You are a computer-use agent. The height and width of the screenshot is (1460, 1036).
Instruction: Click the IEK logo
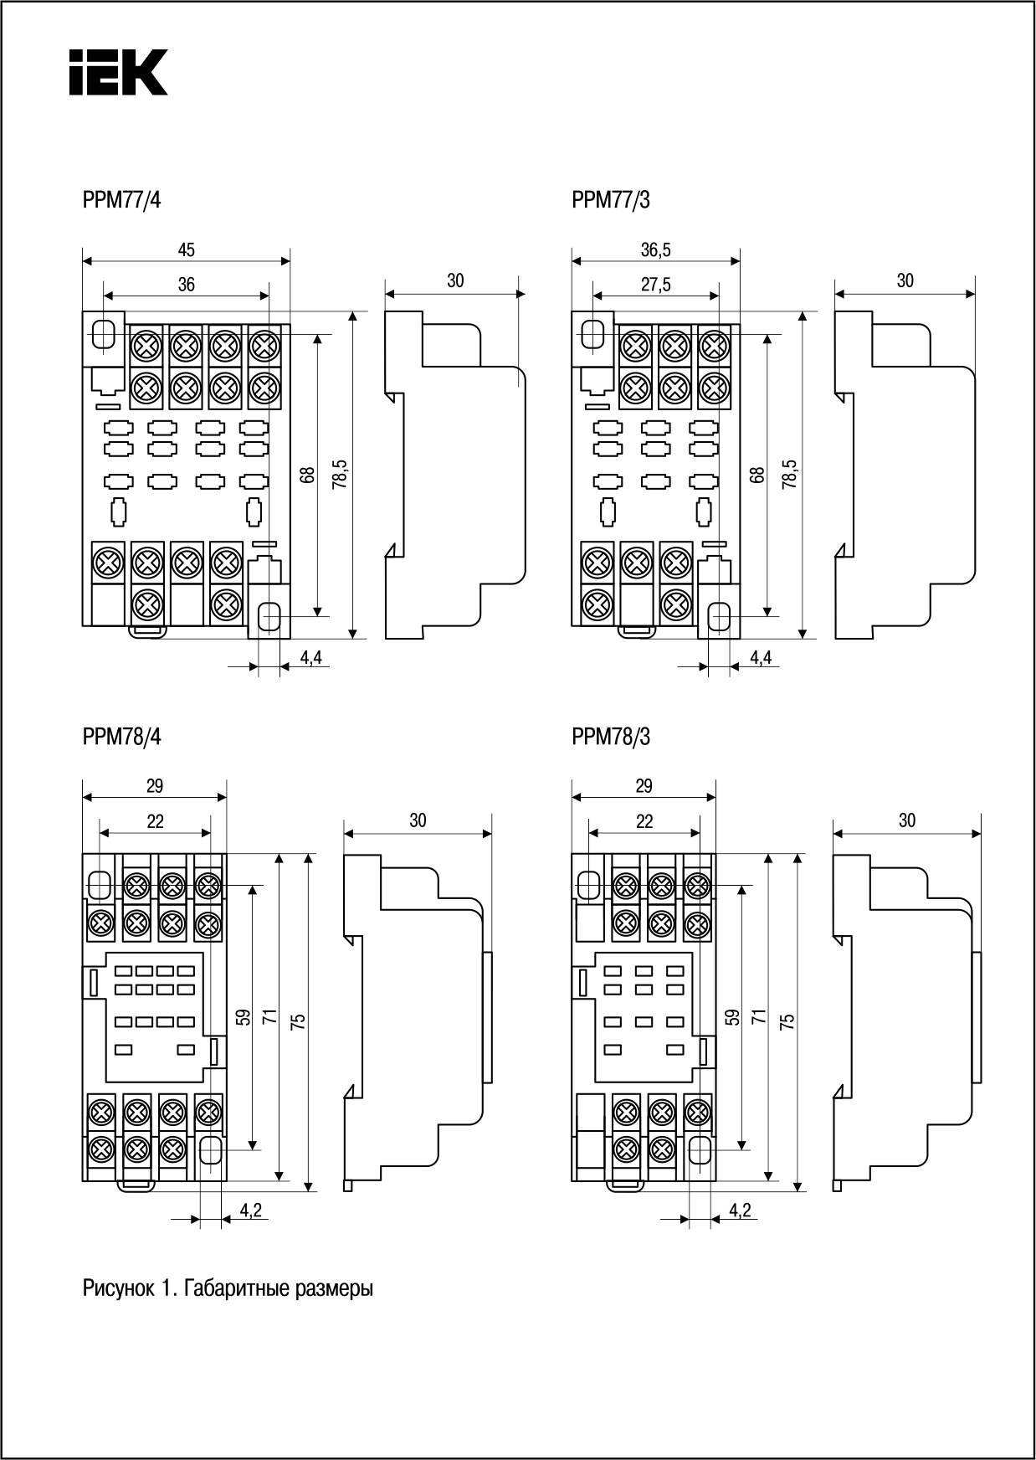(118, 72)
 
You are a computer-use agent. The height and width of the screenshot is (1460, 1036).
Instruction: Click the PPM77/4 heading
(122, 200)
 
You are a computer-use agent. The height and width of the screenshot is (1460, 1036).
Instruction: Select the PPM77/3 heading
(611, 200)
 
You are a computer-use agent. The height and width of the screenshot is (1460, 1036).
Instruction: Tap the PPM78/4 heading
(122, 737)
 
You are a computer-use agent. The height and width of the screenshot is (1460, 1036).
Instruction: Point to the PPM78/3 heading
(611, 737)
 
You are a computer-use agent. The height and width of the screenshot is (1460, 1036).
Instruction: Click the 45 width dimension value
(186, 249)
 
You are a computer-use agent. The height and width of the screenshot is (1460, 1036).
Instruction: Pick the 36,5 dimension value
(656, 249)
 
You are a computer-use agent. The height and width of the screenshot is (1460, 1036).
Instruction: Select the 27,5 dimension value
(656, 285)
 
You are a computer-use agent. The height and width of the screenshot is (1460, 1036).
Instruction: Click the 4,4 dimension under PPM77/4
(310, 658)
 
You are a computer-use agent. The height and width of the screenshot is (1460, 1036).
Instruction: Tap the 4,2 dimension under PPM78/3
(740, 1210)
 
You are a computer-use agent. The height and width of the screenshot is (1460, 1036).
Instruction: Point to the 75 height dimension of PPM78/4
(299, 1021)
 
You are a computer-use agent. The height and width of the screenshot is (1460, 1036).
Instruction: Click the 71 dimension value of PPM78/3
(758, 1017)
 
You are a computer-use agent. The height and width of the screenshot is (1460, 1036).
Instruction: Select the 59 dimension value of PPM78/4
(243, 1017)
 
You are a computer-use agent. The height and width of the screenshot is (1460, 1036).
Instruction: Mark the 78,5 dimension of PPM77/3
(790, 474)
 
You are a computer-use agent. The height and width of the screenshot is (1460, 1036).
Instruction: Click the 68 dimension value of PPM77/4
(308, 474)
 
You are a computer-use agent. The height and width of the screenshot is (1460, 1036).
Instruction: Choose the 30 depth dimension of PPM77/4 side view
(455, 281)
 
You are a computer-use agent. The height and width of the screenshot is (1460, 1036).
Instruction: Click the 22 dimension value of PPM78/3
(644, 822)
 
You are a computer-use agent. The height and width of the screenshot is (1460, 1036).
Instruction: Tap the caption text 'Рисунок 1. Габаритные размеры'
(228, 1288)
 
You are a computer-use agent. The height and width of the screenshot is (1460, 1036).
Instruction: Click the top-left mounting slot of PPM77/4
(104, 333)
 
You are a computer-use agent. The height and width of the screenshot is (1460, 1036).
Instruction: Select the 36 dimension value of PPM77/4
(186, 285)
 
